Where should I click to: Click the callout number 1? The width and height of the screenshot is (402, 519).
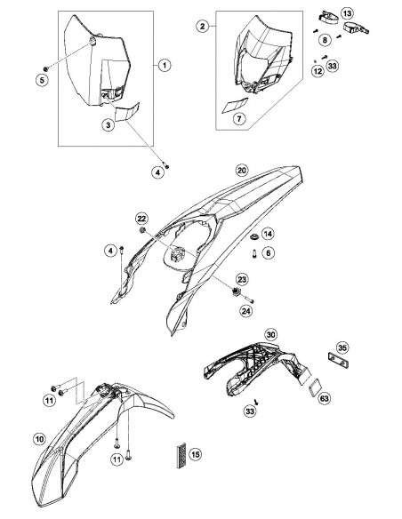coord(165,65)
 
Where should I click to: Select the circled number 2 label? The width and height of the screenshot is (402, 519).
coord(202,26)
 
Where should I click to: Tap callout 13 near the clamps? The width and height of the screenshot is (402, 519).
coord(347,13)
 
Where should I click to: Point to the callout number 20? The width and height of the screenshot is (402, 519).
coord(242,171)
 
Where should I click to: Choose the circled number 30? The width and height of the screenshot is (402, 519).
coord(271,335)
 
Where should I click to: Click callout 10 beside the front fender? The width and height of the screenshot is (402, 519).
coord(39,439)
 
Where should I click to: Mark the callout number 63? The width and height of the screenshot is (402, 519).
coord(325,398)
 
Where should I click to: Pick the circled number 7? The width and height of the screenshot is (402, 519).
coord(239,118)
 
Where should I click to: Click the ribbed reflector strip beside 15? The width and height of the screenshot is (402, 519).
coord(181,456)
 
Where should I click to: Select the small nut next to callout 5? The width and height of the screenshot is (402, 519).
coord(46,68)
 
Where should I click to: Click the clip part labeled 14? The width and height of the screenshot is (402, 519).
coord(254,236)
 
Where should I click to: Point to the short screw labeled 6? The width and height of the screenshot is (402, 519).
coord(254,253)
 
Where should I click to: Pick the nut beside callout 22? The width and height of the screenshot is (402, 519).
coord(142,230)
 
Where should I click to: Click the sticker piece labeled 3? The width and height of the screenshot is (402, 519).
coord(127,112)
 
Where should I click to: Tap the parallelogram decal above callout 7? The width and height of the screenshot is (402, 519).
coord(235,105)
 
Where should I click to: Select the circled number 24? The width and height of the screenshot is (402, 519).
coord(246,310)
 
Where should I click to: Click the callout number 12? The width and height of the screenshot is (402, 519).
coord(318,71)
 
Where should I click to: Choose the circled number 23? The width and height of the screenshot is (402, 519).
coord(242,279)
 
